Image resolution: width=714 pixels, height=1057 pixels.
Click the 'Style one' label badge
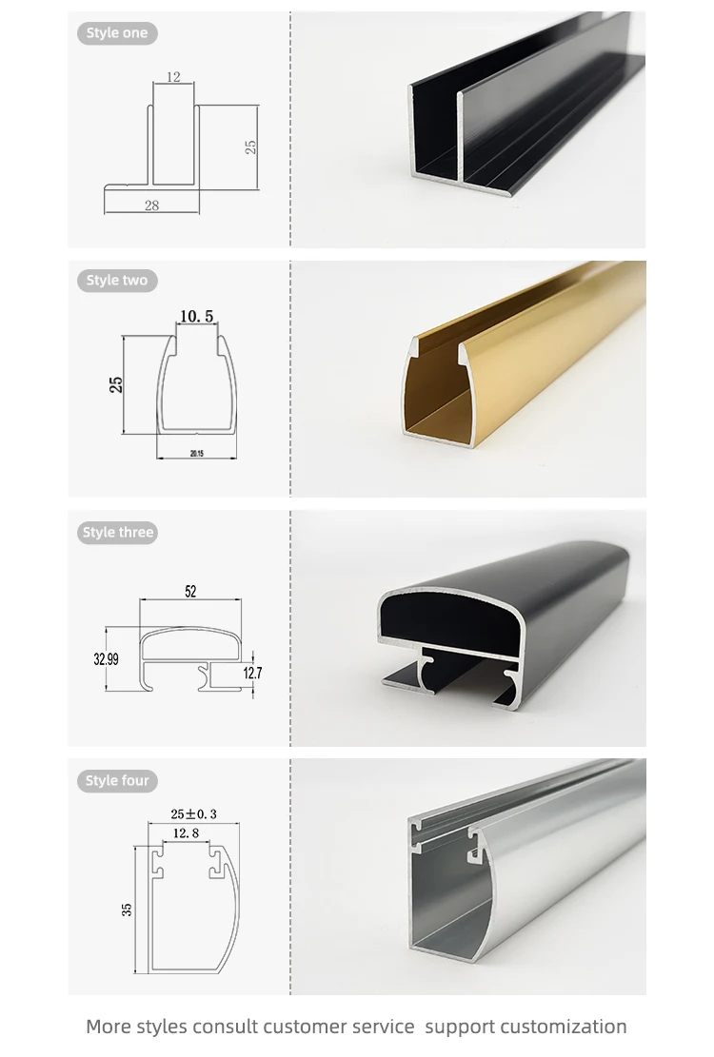[x=117, y=33]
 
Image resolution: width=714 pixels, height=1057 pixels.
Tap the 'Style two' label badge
[x=117, y=281]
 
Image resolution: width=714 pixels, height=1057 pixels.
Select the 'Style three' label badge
[x=117, y=533]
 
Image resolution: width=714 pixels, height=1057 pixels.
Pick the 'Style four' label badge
[x=117, y=780]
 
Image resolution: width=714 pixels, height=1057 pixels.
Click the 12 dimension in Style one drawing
[x=173, y=77]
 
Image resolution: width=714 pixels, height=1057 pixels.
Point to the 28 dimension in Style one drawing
[x=151, y=205]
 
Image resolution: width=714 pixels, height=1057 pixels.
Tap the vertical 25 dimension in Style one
[x=250, y=147]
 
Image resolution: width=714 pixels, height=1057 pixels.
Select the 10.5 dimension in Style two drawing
[x=197, y=316]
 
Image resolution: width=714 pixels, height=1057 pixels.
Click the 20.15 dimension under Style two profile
[x=197, y=454]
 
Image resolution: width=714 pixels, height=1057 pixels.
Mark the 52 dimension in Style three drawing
[x=190, y=591]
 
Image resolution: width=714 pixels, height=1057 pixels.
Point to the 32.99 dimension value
[x=106, y=659]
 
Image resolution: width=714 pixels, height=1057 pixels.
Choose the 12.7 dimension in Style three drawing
[x=253, y=673]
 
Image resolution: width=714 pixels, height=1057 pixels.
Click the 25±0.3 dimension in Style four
[x=194, y=814]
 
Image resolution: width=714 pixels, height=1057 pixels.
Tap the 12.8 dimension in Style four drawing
[x=186, y=833]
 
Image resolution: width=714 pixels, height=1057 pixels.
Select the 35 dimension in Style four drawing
[x=127, y=910]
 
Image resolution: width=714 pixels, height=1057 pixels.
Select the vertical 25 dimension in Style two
[x=116, y=385]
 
